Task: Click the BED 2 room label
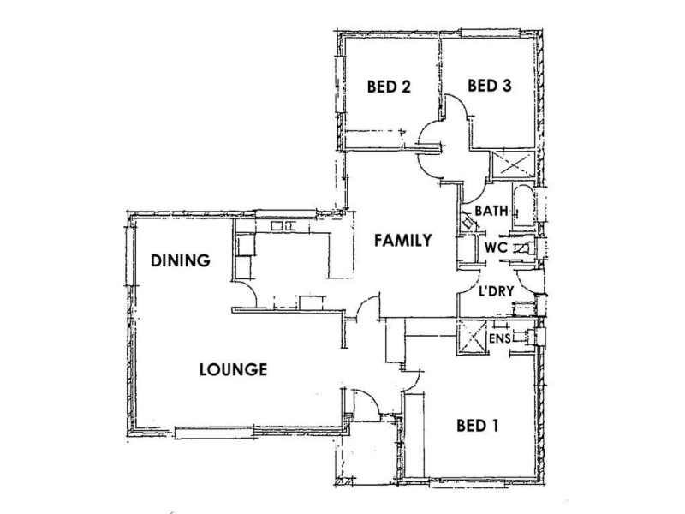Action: pyautogui.click(x=389, y=87)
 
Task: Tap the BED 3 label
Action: pyautogui.click(x=489, y=86)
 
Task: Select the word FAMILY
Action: pyautogui.click(x=403, y=241)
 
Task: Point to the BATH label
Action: pyautogui.click(x=491, y=211)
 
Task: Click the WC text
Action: pyautogui.click(x=496, y=248)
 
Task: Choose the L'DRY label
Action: pyautogui.click(x=497, y=291)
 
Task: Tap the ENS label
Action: pyautogui.click(x=500, y=338)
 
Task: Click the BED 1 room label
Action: pyautogui.click(x=478, y=426)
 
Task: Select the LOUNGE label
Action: pyautogui.click(x=233, y=370)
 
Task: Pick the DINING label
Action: pyautogui.click(x=181, y=261)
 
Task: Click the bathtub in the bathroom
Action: pyautogui.click(x=523, y=206)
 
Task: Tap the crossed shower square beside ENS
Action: pyautogui.click(x=472, y=337)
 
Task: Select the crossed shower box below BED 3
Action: pyautogui.click(x=514, y=164)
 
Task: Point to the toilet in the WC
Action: pyautogui.click(x=526, y=248)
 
